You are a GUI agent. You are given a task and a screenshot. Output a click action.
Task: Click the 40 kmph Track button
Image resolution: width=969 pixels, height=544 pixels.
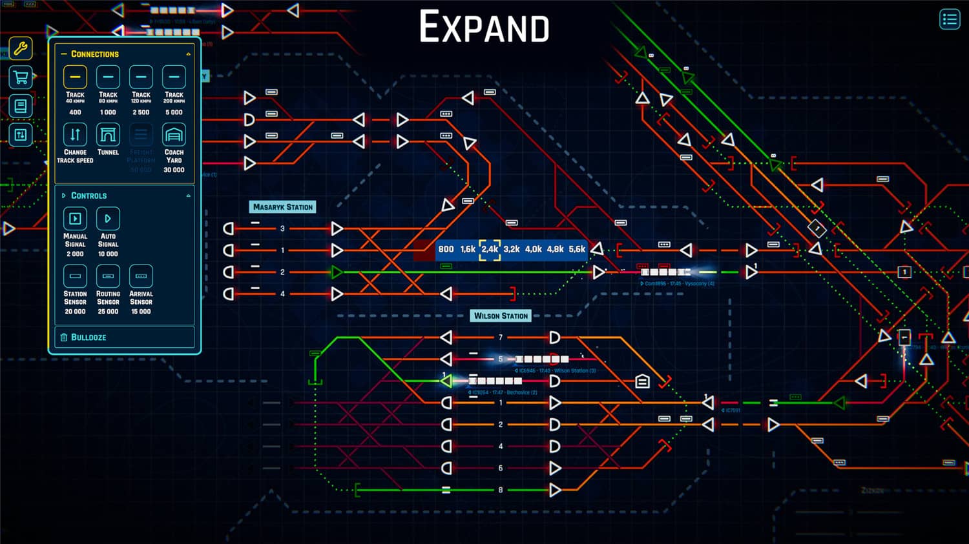coord(75,77)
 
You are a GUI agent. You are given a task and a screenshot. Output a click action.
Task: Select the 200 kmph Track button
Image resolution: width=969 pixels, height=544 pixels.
coord(174,77)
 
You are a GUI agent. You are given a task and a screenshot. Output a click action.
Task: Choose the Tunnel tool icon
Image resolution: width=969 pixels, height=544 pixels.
coord(108,135)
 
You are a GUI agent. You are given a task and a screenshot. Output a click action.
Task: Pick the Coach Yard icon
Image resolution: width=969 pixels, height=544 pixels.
coord(174,135)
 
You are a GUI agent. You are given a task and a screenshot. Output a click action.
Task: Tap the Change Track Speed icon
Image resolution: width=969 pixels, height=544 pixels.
coord(75,135)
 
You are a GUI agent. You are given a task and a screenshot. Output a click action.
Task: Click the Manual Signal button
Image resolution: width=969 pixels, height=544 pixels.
coord(75,219)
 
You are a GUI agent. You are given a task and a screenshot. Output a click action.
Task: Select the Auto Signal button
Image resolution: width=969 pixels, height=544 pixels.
coord(108,219)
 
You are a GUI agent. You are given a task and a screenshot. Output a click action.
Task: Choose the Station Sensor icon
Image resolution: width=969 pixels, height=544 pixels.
coord(75,276)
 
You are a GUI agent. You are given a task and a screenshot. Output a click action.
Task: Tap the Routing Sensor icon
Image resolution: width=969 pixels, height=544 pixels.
coord(108,276)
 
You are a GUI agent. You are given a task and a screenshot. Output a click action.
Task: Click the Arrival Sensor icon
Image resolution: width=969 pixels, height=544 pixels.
coord(141,276)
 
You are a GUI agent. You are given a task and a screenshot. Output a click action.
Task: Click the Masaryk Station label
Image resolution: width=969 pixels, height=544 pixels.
coord(283,207)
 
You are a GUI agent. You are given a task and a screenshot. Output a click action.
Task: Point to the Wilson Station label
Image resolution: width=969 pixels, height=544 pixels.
coord(501,316)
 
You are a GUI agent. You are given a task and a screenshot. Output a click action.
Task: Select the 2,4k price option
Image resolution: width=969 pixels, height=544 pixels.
coord(490,249)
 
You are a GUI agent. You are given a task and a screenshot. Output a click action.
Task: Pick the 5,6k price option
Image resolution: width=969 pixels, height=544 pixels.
coord(577,249)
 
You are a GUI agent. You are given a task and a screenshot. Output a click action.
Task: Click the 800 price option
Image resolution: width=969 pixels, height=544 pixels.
coord(446,249)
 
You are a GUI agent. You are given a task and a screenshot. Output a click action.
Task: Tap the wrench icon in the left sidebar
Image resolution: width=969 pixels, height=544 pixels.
coord(21,49)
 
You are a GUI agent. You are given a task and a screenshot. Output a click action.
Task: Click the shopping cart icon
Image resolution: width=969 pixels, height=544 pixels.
coord(21,78)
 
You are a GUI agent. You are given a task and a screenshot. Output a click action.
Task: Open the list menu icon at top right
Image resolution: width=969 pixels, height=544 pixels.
coord(950,19)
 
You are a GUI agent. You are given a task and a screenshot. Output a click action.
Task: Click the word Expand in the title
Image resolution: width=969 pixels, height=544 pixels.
coord(484,27)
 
